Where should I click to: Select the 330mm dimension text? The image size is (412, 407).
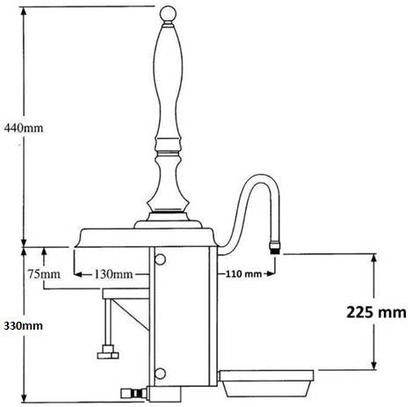tap(22, 325)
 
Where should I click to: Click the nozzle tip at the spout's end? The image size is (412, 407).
tap(276, 243)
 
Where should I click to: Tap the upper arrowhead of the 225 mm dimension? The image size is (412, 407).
tap(377, 255)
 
